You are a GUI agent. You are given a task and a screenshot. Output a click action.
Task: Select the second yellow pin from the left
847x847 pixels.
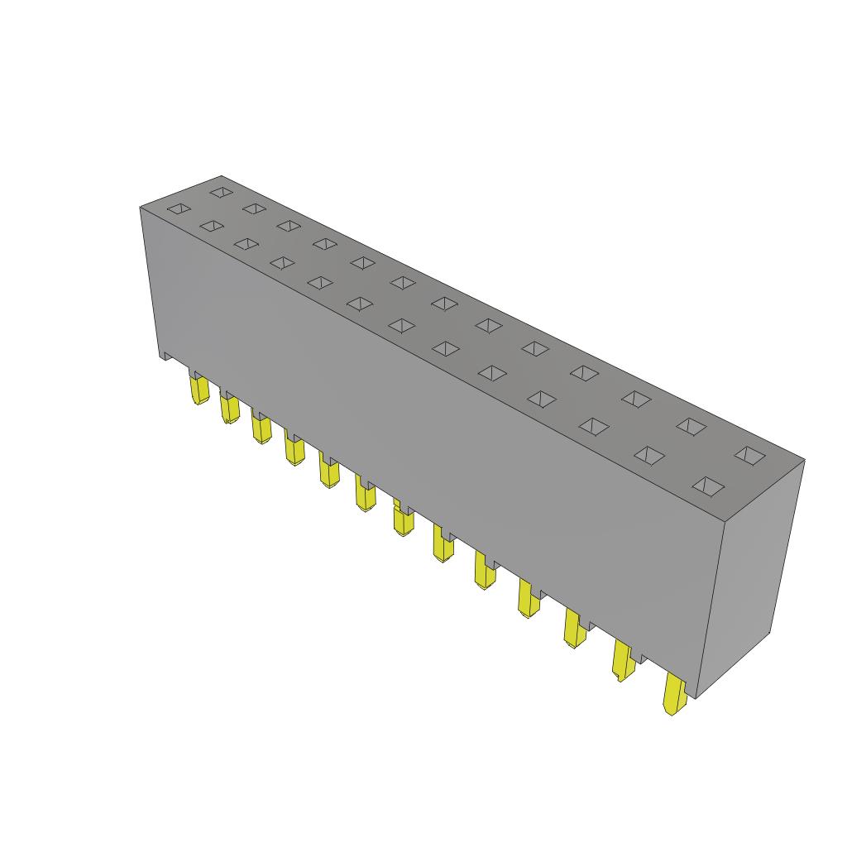(229, 409)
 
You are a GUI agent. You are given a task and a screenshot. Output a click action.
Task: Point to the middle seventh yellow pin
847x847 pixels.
(403, 521)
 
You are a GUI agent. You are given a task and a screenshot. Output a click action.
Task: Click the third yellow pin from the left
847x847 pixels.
(261, 429)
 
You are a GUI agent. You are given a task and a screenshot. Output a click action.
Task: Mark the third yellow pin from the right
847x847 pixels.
(574, 628)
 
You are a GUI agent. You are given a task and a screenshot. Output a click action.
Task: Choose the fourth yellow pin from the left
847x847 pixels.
(293, 450)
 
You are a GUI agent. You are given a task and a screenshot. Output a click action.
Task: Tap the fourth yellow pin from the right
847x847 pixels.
(528, 597)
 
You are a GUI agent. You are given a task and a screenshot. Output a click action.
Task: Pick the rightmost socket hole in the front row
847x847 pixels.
(708, 486)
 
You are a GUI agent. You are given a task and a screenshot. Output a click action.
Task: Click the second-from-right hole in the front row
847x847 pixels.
(649, 455)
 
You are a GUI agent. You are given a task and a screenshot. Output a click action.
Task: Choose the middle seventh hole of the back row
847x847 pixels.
(444, 304)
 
